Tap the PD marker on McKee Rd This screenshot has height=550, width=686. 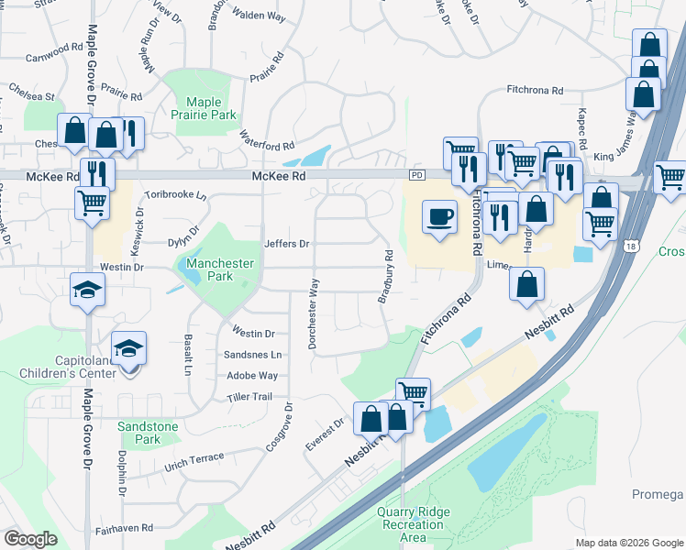[x=418, y=174]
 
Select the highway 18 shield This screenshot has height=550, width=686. [x=630, y=245]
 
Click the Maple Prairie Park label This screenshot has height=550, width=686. [x=211, y=109]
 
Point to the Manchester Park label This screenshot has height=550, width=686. [x=219, y=269]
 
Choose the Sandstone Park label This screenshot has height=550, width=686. [x=139, y=433]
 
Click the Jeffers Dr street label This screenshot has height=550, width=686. [x=287, y=244]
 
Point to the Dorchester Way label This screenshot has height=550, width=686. [x=314, y=313]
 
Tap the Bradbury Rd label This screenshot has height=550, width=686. [x=386, y=277]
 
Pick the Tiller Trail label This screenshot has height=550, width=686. [x=249, y=397]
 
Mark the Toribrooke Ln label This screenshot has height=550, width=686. [x=175, y=195]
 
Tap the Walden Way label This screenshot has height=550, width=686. [x=260, y=15]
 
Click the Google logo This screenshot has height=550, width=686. [x=31, y=539]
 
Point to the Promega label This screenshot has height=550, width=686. [x=658, y=495]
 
